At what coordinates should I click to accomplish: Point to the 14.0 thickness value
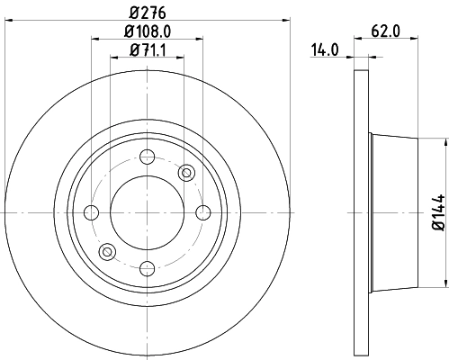325,50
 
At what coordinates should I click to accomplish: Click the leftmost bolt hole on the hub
91,212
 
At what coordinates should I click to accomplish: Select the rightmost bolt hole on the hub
202,212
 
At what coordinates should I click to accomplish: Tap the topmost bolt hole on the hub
147,156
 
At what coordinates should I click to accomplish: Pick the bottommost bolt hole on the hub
147,267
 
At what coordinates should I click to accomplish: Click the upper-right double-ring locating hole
187,172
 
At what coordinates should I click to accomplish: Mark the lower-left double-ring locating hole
107,252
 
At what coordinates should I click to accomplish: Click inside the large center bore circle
147,212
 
